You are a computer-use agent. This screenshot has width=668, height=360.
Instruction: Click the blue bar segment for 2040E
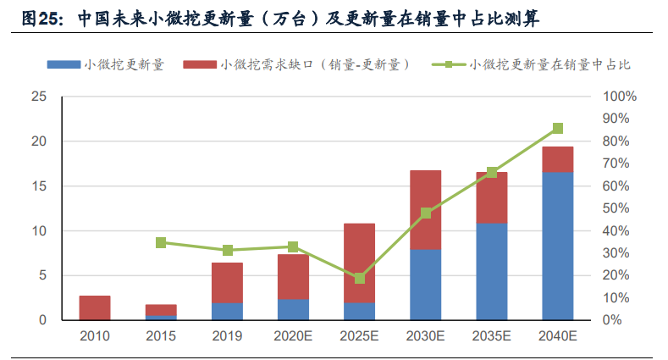[x=557, y=246]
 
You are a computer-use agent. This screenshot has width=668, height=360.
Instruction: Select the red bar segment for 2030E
[x=426, y=210]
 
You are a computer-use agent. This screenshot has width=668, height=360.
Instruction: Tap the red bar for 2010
[x=95, y=307]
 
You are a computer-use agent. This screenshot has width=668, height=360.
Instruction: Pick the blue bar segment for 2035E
[x=492, y=271]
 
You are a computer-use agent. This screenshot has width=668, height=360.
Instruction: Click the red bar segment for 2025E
[x=360, y=263]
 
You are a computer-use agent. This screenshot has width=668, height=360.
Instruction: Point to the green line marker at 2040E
[x=557, y=129]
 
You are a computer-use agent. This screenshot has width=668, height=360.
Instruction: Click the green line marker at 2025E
[x=360, y=279]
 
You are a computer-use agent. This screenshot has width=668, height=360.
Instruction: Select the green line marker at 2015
[x=161, y=243]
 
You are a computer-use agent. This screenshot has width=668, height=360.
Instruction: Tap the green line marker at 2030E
[x=426, y=213]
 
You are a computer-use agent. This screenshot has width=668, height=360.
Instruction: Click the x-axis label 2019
[x=227, y=337]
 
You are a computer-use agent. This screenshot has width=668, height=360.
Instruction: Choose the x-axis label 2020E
[x=293, y=337]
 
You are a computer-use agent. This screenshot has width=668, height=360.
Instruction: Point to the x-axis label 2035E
[x=492, y=337]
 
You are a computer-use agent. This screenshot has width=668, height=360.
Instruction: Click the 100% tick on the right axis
[x=617, y=97]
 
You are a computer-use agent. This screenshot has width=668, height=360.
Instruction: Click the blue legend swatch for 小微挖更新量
[x=63, y=64]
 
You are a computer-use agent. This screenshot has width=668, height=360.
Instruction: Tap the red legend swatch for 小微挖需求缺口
[x=200, y=64]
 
